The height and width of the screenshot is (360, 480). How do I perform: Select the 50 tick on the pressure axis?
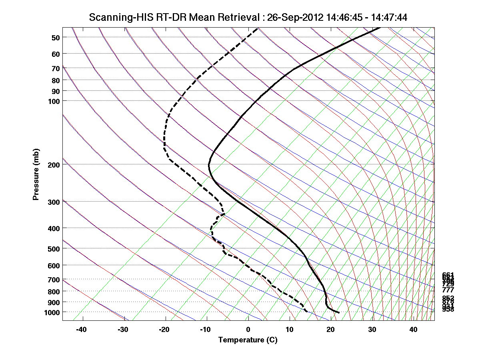(x=56, y=38)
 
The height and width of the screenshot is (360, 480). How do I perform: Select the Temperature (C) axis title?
(x=248, y=340)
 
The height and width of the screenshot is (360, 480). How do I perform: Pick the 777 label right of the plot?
(x=448, y=290)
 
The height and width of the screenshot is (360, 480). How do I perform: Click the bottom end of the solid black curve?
(x=339, y=312)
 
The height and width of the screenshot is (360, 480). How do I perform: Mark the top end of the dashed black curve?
(x=258, y=28)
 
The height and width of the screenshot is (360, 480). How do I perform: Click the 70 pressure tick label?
(x=56, y=68)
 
